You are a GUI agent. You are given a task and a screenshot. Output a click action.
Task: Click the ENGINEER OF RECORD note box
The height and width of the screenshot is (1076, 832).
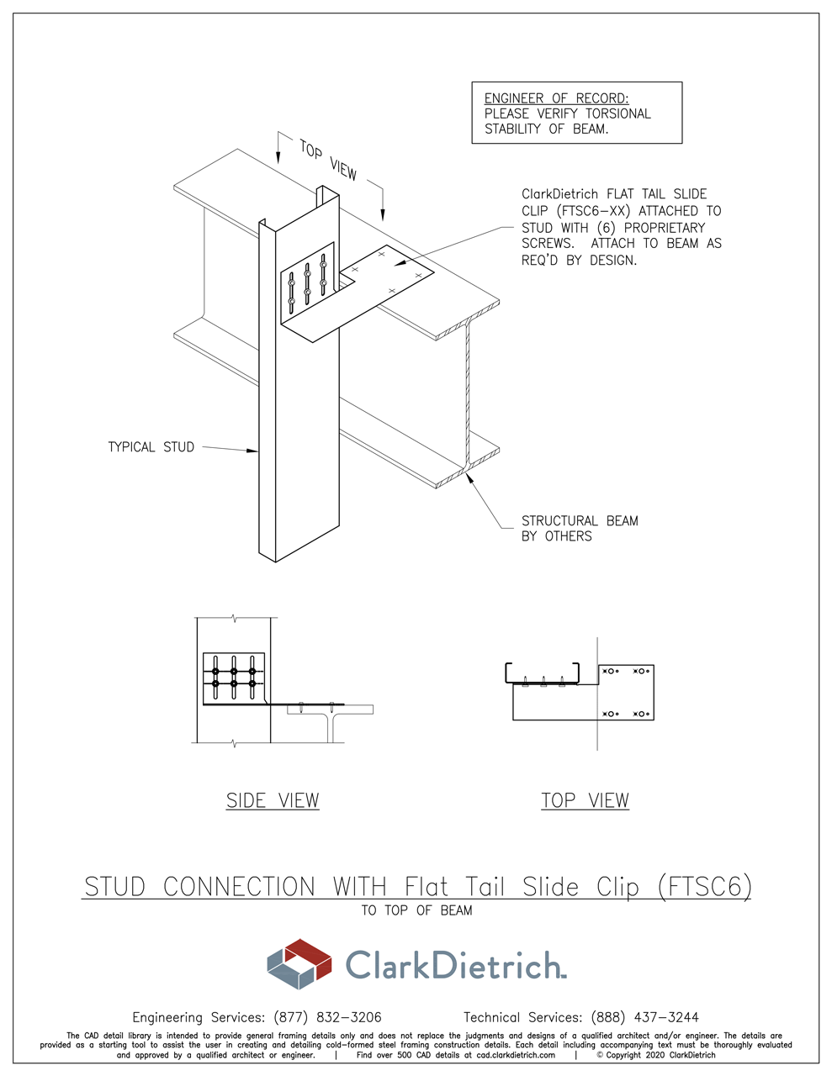tap(576, 113)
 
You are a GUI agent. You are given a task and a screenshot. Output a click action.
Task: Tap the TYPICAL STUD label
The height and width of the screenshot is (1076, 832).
tap(151, 447)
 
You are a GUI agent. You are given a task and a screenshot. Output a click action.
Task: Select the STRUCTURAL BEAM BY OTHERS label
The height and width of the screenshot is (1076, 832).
tap(580, 529)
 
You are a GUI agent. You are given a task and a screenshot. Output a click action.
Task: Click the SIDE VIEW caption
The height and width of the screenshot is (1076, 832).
tap(273, 800)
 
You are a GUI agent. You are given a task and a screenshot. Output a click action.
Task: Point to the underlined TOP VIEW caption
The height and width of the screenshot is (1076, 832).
tap(585, 800)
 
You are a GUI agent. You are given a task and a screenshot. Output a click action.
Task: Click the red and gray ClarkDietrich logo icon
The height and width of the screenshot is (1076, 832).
tap(299, 963)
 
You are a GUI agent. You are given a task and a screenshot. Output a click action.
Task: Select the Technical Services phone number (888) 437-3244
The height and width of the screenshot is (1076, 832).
tap(644, 1017)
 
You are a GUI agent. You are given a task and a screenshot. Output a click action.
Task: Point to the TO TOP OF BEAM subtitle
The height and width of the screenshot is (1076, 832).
tap(416, 910)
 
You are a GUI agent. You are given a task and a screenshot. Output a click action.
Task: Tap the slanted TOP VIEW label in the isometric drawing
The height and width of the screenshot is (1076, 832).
tap(328, 160)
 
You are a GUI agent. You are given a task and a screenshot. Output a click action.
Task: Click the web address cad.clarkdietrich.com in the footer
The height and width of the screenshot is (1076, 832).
tap(516, 1055)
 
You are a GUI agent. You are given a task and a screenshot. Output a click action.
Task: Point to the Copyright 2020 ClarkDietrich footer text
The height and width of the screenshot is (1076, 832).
tap(656, 1055)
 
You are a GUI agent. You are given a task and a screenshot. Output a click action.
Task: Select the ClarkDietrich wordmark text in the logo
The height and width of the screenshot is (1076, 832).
tap(454, 964)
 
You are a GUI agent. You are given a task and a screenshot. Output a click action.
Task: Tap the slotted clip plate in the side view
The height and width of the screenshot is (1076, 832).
tap(234, 678)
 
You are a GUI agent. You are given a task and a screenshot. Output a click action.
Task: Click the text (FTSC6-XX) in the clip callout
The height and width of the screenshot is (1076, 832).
tap(592, 211)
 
